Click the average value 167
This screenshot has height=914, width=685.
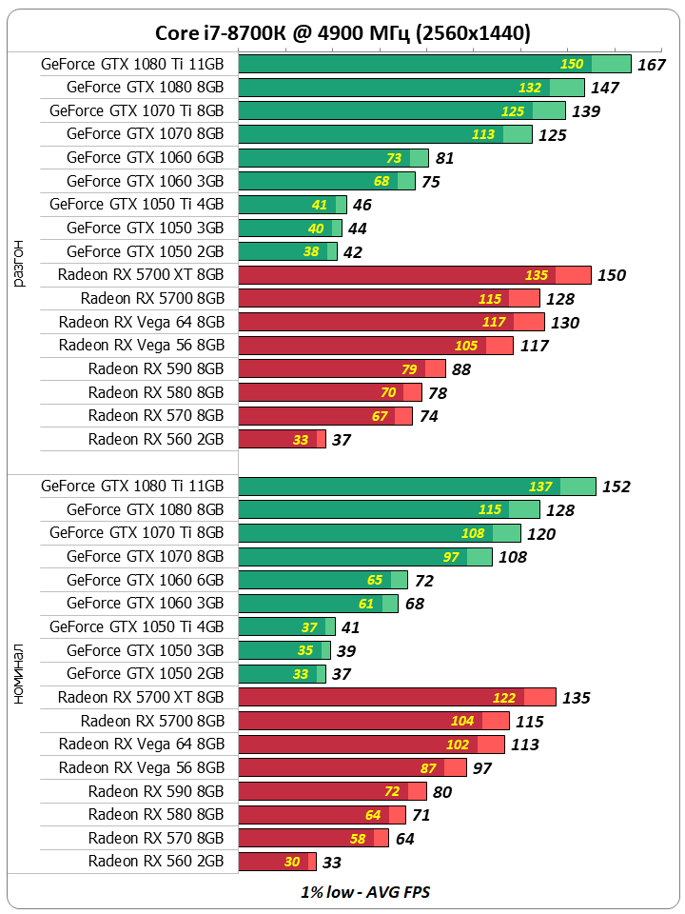tap(651, 65)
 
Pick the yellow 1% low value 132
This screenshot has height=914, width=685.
tap(529, 88)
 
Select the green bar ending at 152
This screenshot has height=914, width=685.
tap(417, 487)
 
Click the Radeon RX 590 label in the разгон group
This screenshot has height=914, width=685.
tap(156, 368)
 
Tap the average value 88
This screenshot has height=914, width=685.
tap(461, 369)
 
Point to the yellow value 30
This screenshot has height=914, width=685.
tap(292, 862)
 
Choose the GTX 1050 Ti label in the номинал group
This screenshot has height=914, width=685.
tap(136, 626)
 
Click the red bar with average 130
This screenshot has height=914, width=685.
tap(391, 322)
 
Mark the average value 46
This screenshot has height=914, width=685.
tap(362, 205)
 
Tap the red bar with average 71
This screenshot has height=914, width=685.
tap(322, 814)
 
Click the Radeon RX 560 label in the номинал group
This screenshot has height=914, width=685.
tap(156, 861)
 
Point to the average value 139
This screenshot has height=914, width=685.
tap(586, 111)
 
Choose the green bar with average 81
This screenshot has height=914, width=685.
tap(334, 158)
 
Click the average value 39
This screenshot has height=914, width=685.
tap(346, 650)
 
